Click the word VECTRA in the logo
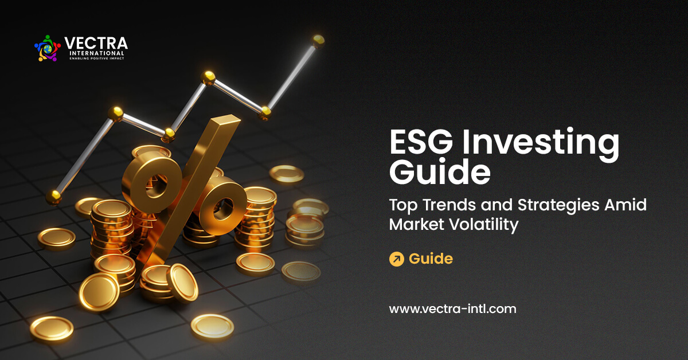(x=96, y=44)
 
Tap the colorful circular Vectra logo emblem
(x=48, y=48)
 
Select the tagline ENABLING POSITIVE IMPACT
(x=96, y=58)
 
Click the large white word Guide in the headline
(x=440, y=173)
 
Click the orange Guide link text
(x=431, y=259)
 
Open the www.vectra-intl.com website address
(x=452, y=309)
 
